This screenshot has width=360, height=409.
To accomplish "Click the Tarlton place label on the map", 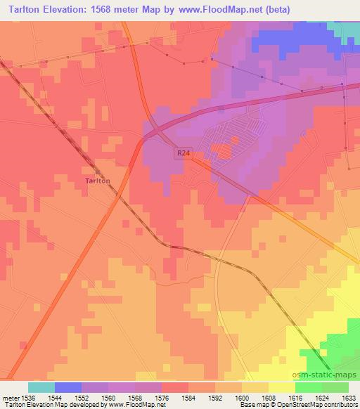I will (98, 181).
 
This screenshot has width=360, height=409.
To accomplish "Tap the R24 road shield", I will (183, 152).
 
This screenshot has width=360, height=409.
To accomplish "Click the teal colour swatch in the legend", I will (41, 387).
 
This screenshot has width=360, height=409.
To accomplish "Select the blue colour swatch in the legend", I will (68, 387).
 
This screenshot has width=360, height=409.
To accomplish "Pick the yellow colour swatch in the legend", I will (282, 387).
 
